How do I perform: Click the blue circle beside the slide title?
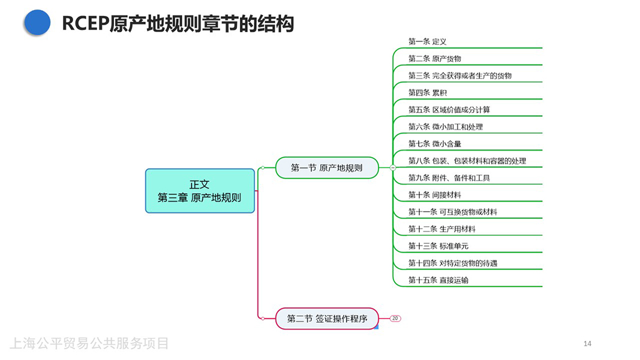click(37, 22)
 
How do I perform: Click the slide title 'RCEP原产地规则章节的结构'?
click(178, 23)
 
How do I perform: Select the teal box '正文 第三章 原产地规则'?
click(200, 191)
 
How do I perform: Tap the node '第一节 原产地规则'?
click(327, 168)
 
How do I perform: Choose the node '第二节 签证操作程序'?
click(327, 318)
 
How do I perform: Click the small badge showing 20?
click(395, 318)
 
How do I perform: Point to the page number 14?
click(587, 343)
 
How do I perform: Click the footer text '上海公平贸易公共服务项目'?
click(89, 343)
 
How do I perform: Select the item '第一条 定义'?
click(428, 41)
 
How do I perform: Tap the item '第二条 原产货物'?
click(435, 59)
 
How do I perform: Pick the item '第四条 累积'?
click(428, 93)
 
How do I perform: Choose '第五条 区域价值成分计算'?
click(449, 110)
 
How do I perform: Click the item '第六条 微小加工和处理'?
click(446, 127)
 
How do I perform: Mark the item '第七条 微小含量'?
click(435, 144)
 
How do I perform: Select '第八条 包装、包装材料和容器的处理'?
click(467, 161)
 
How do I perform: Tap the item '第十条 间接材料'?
click(435, 195)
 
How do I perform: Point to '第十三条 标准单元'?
click(438, 246)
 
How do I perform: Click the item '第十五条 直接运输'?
click(438, 280)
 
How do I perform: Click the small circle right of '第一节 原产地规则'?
click(392, 168)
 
